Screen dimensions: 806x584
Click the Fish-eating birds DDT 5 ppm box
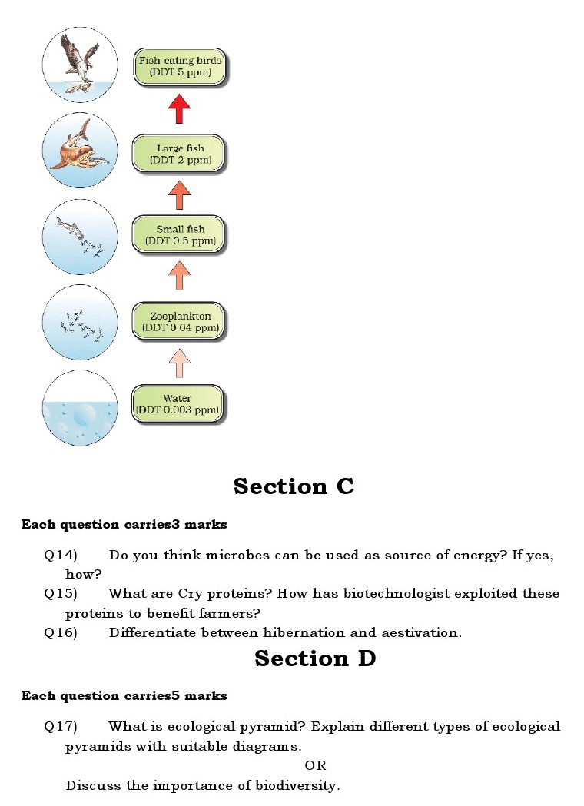click(180, 67)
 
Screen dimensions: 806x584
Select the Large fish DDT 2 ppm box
click(178, 153)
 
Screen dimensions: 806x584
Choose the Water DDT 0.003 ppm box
click(178, 404)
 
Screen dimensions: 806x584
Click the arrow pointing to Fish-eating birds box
click(179, 108)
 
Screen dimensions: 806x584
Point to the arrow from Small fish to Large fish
click(179, 195)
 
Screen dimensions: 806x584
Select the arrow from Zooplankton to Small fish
click(179, 276)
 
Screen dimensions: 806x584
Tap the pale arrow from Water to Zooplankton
click(179, 362)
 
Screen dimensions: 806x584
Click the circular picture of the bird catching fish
click(80, 64)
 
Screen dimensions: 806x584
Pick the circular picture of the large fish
click(80, 150)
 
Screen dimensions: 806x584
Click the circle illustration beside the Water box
click(80, 408)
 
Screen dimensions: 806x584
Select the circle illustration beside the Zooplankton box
click(80, 322)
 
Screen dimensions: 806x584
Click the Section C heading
click(294, 486)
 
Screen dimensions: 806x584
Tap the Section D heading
click(315, 658)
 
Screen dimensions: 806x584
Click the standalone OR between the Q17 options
click(315, 765)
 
